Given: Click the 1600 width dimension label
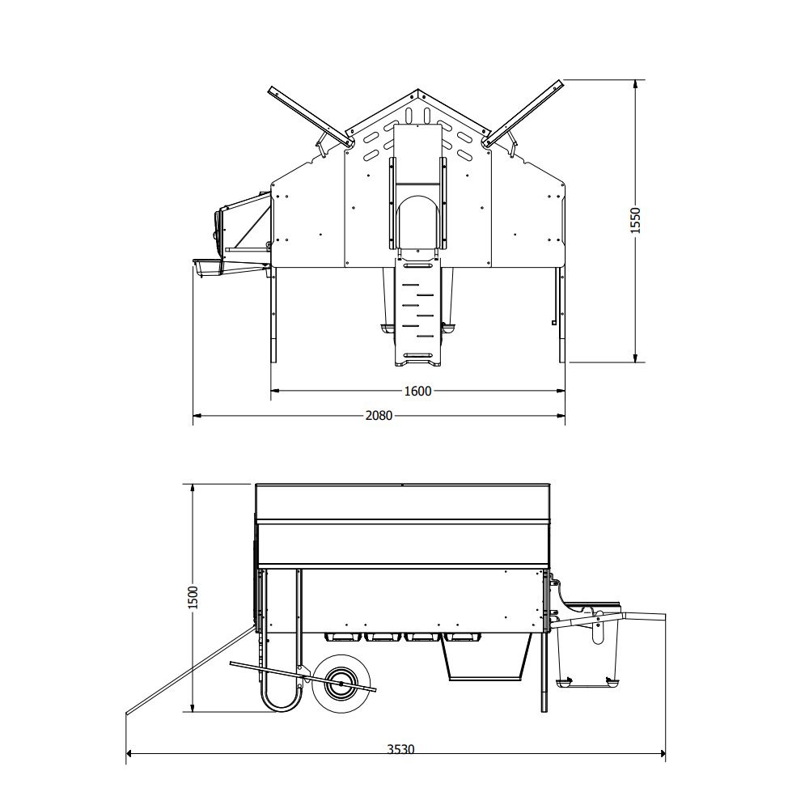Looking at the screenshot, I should point(417,391).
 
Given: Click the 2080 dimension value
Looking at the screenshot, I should point(379,417).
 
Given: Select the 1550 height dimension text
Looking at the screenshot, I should point(636,221).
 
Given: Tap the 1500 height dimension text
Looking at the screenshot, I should point(193,599).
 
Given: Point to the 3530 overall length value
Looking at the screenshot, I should point(399,750).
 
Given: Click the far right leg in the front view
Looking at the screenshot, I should point(559,316).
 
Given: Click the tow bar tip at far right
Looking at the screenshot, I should point(662,619).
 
